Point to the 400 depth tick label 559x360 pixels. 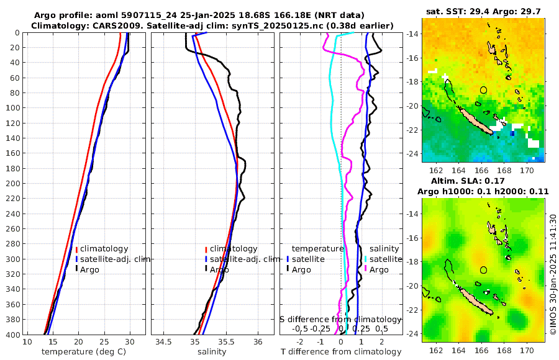tap(12, 335)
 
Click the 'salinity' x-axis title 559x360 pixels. tap(211, 352)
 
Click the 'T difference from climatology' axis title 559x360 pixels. tap(341, 352)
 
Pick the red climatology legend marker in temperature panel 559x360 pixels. tap(76, 250)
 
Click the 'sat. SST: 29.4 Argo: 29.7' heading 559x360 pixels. tap(483, 11)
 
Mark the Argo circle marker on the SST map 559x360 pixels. tap(483, 90)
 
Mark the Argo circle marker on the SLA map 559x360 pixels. tap(483, 270)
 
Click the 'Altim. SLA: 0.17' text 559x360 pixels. tap(483, 181)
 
